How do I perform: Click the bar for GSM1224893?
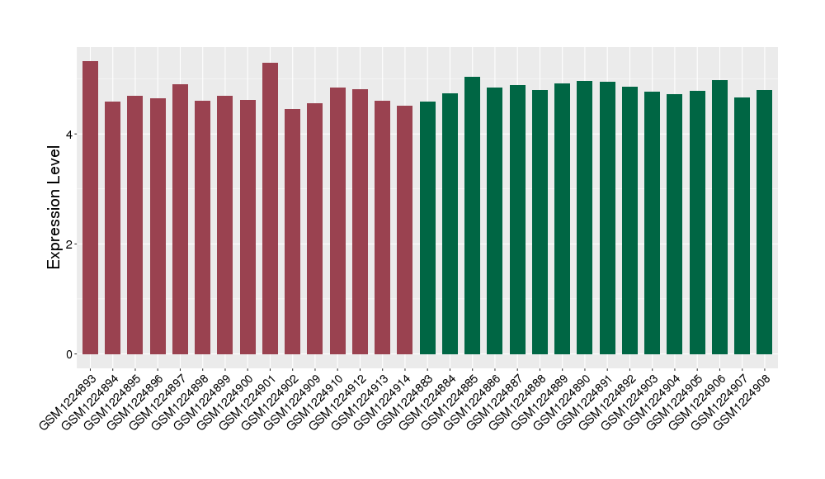pyautogui.click(x=90, y=207)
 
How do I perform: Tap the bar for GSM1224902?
pyautogui.click(x=293, y=231)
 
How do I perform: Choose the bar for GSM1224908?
pyautogui.click(x=765, y=222)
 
